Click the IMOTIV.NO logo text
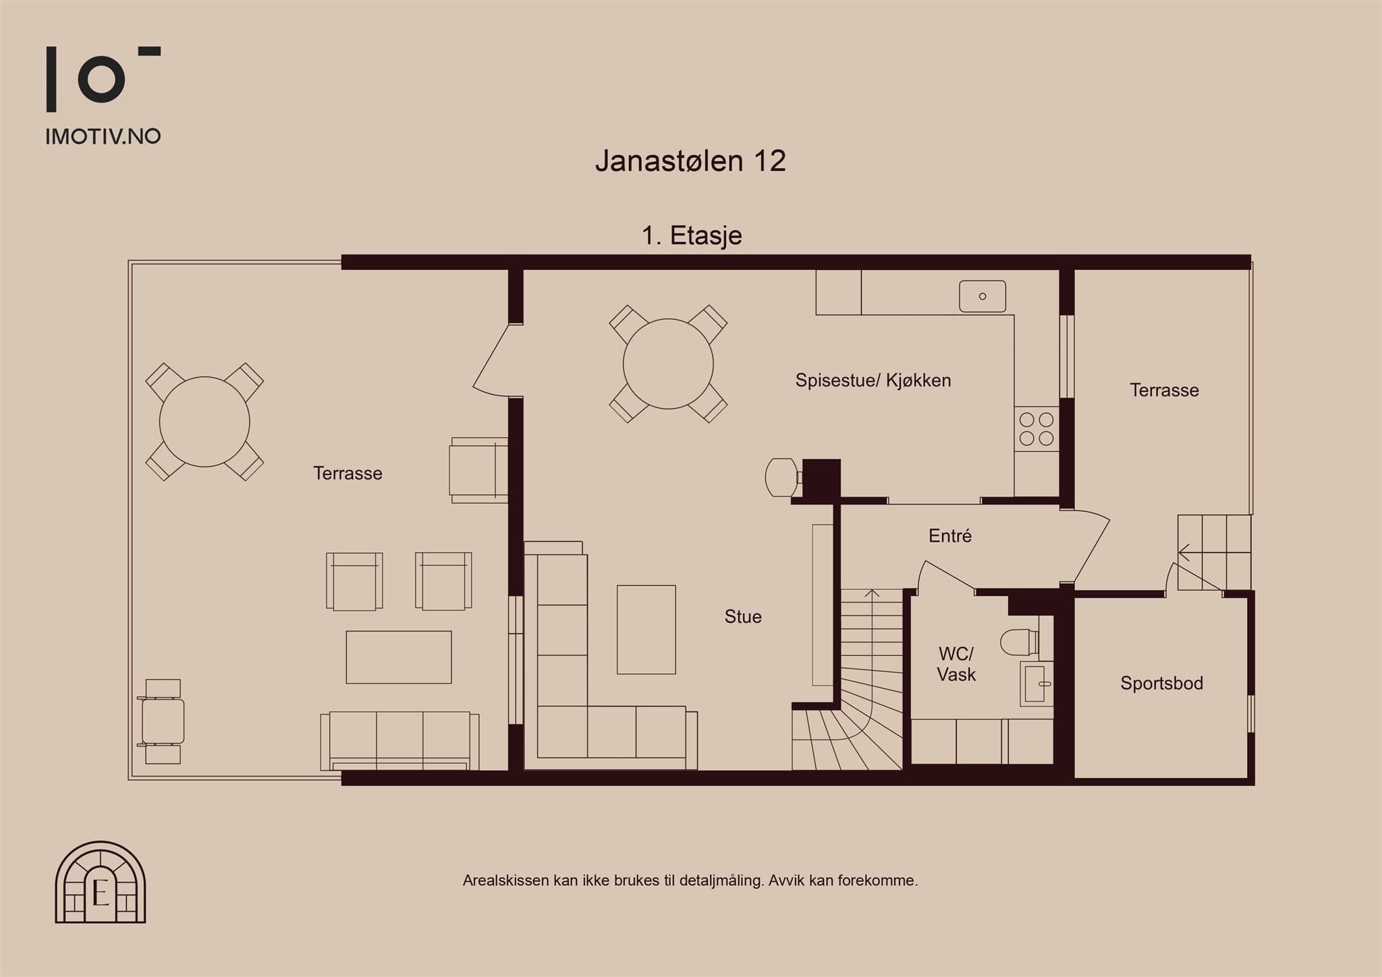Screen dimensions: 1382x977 [x=103, y=136]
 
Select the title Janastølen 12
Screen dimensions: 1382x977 [x=690, y=161]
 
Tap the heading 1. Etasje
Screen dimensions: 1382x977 [x=692, y=235]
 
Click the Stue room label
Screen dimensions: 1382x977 [x=743, y=617]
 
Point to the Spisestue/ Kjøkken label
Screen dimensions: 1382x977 [x=873, y=381]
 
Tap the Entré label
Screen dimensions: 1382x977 [x=950, y=536]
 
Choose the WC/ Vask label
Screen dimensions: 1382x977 [x=956, y=664]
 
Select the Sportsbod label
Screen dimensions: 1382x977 [x=1161, y=683]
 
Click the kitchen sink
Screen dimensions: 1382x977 [x=983, y=296]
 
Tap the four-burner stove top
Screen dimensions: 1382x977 [x=1036, y=429]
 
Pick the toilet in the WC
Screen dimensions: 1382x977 [x=1019, y=642]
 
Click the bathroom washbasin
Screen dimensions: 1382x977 [x=1036, y=683]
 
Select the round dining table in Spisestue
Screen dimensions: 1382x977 [x=668, y=364]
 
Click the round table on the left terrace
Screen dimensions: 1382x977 [x=204, y=422]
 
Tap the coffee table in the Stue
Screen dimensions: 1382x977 [x=646, y=630]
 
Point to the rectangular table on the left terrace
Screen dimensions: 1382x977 [x=399, y=657]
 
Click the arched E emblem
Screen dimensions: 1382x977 [x=101, y=882]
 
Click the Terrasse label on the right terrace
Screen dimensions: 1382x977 [x=1164, y=390]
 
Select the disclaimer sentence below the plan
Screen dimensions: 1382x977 [x=690, y=881]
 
